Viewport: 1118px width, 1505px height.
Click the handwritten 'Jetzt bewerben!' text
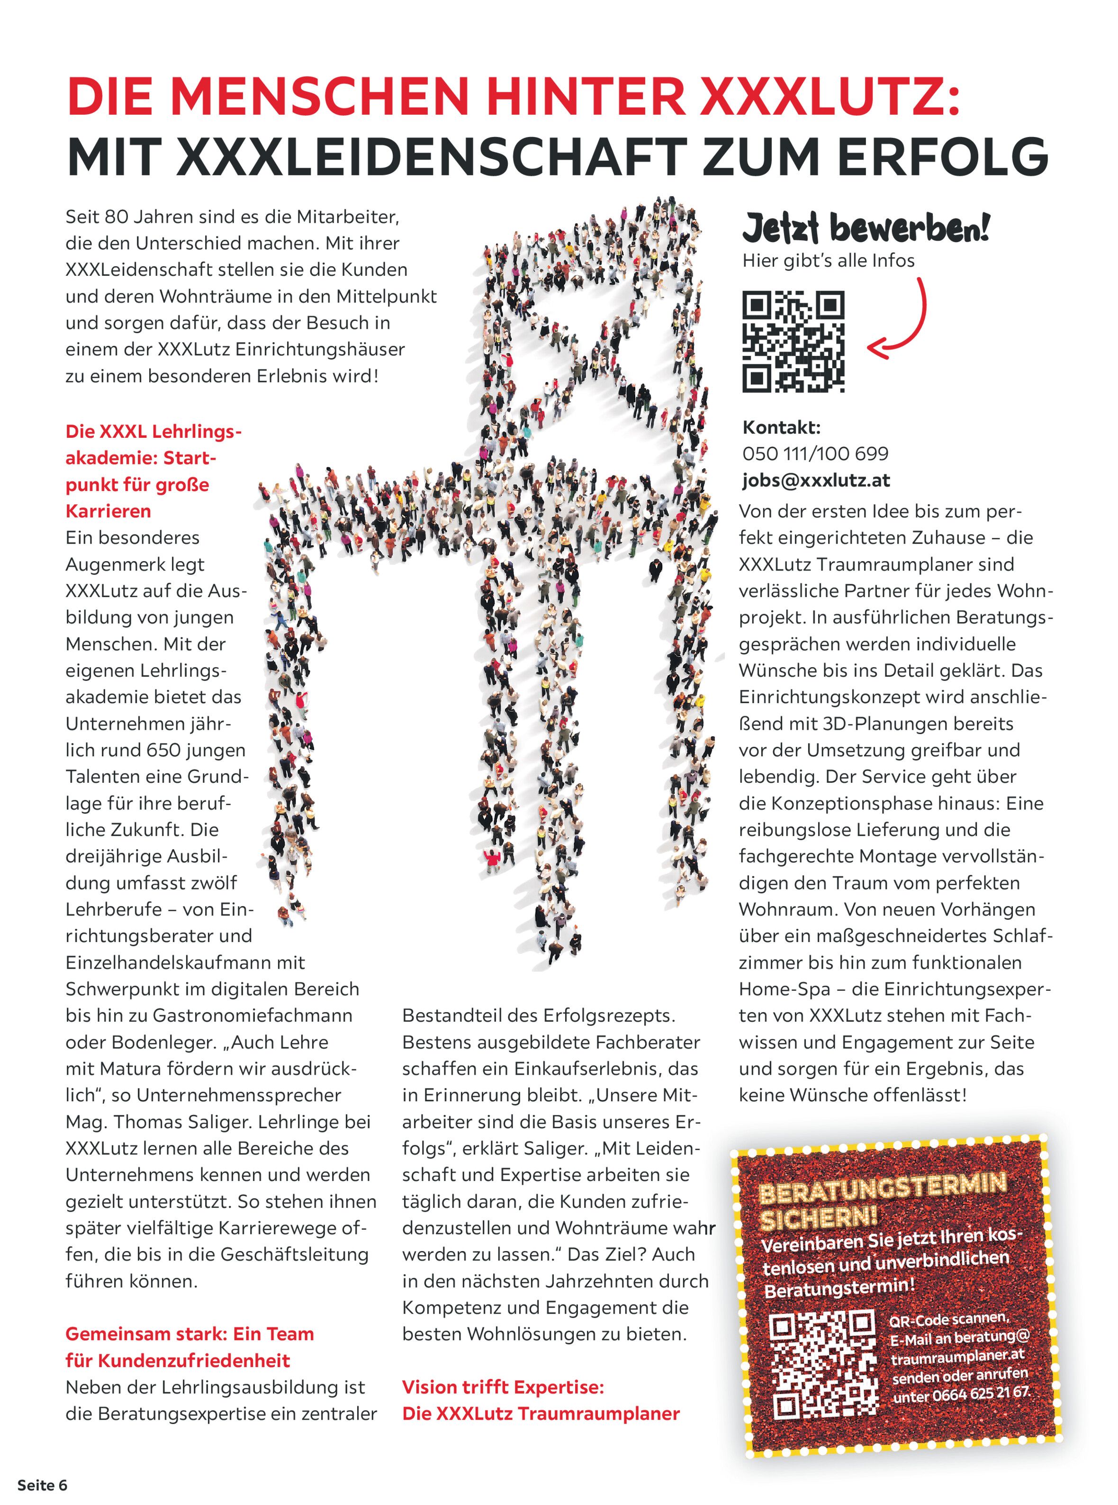866,227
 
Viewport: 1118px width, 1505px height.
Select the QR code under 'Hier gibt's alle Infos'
793,341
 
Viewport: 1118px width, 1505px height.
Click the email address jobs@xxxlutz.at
815,480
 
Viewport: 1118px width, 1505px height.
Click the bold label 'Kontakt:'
782,427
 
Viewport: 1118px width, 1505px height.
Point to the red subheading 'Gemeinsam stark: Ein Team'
189,1334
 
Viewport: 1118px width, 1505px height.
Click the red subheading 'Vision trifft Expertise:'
503,1387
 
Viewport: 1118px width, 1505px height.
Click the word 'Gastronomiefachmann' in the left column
252,1015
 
